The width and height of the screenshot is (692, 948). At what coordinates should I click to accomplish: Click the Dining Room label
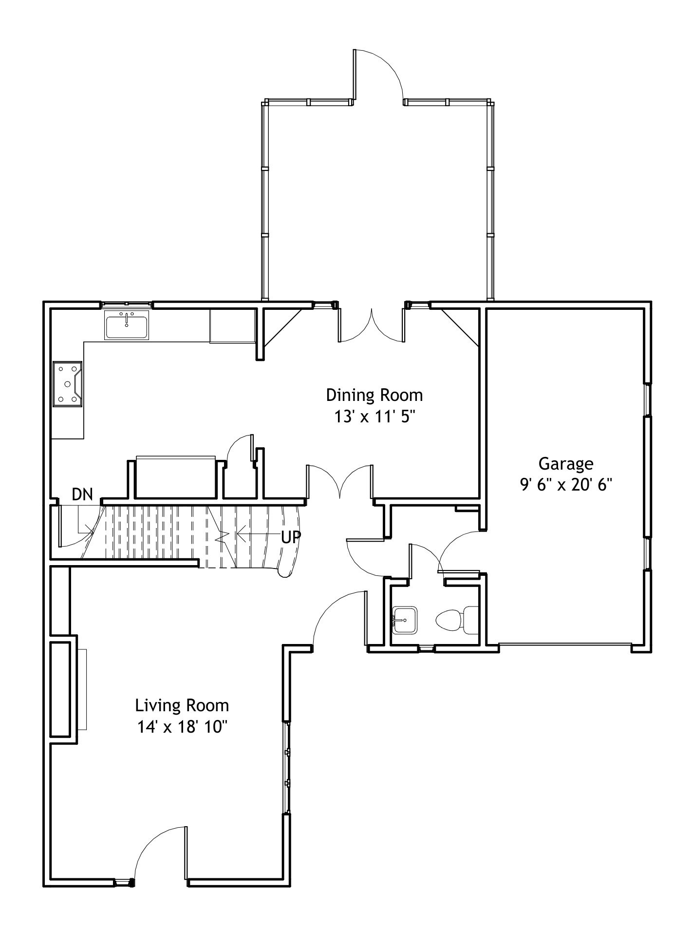(x=374, y=395)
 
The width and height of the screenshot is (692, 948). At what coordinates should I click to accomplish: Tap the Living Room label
(x=182, y=705)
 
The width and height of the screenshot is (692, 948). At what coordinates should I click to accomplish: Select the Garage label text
(x=565, y=464)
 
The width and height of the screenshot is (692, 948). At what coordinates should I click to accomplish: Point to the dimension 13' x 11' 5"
(x=374, y=417)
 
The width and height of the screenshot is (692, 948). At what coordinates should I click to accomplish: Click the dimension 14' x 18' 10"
(x=182, y=727)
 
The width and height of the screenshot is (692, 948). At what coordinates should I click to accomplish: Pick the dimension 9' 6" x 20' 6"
(x=565, y=485)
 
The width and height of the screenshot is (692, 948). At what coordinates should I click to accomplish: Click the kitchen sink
(x=127, y=324)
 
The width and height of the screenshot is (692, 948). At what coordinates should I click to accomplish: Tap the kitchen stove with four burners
(x=67, y=383)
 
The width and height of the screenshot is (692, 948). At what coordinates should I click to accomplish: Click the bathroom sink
(x=405, y=620)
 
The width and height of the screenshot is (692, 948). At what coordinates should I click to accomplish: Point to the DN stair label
(x=82, y=494)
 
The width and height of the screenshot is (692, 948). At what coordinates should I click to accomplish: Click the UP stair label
(x=291, y=537)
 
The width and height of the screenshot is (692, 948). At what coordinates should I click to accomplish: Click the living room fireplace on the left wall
(x=64, y=689)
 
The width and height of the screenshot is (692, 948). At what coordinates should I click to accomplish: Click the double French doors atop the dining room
(x=371, y=325)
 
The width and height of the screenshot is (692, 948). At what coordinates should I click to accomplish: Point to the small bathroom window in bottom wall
(x=426, y=648)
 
